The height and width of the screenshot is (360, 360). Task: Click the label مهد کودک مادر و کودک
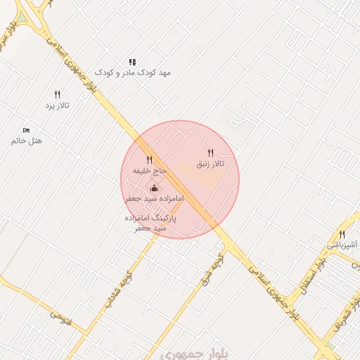(133, 72)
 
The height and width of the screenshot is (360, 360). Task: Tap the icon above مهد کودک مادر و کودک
(133, 62)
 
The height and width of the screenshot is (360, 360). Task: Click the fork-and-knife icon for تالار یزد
(58, 94)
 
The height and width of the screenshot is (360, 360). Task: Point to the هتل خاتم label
(27, 141)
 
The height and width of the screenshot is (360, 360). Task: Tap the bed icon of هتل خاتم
(27, 130)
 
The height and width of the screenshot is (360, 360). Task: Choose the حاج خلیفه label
(150, 171)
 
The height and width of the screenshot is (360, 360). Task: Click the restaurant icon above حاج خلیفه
(149, 160)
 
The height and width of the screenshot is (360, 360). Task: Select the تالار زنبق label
(210, 164)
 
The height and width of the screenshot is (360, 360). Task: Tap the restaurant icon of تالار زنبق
(210, 153)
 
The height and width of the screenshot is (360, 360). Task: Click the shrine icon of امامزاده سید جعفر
(155, 188)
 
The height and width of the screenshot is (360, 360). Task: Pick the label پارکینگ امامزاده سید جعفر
(150, 223)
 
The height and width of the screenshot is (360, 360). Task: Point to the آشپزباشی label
(342, 245)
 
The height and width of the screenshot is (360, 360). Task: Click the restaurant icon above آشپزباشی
(342, 234)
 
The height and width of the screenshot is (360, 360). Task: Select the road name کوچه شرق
(217, 269)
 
